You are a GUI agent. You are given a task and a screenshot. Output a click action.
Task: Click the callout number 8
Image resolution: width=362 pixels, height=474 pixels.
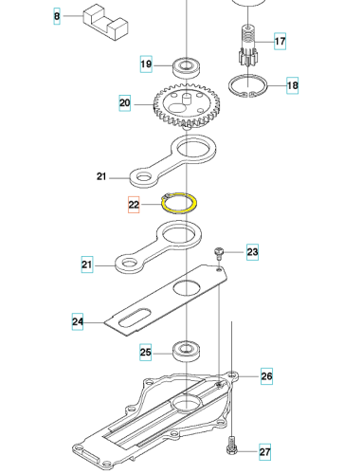click(57, 16)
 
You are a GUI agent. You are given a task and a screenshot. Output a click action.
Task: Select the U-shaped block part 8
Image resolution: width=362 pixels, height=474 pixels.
click(105, 22)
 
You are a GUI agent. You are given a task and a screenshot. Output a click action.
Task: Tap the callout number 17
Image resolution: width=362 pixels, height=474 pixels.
click(280, 41)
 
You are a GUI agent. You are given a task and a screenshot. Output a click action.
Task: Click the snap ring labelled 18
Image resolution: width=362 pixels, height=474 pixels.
click(248, 85)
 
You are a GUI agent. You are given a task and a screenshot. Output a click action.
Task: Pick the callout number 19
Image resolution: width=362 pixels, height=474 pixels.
click(146, 64)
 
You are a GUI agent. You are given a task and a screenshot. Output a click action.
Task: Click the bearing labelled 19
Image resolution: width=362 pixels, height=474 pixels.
click(187, 67)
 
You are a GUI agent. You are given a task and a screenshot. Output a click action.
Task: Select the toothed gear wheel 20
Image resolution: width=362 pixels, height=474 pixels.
click(187, 105)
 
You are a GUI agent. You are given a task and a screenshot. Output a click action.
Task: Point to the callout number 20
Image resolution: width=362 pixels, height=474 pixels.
click(124, 102)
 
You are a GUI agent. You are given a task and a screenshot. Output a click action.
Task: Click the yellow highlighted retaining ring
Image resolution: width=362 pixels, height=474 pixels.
click(179, 203)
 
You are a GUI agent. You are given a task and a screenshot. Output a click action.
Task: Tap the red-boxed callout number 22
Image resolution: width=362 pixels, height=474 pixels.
click(134, 205)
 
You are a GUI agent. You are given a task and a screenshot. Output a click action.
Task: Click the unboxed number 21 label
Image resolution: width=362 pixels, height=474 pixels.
click(101, 176)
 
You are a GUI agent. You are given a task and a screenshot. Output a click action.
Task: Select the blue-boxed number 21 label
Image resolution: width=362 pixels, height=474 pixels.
click(87, 264)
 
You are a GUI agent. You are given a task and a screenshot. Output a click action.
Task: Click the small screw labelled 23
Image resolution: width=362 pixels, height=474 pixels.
click(218, 253)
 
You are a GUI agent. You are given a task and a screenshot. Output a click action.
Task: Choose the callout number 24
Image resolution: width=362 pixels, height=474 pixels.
click(78, 321)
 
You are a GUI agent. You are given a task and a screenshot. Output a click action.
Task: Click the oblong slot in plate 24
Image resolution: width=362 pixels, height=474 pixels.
click(135, 317)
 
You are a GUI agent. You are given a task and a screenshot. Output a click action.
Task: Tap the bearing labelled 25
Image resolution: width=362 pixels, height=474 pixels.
click(187, 352)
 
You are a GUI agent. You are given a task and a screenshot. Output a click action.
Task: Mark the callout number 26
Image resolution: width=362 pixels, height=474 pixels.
click(266, 376)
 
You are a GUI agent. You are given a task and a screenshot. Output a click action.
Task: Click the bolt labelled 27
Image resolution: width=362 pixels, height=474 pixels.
click(231, 446)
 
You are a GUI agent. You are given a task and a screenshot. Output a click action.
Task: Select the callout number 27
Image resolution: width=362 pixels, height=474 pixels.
click(264, 452)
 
